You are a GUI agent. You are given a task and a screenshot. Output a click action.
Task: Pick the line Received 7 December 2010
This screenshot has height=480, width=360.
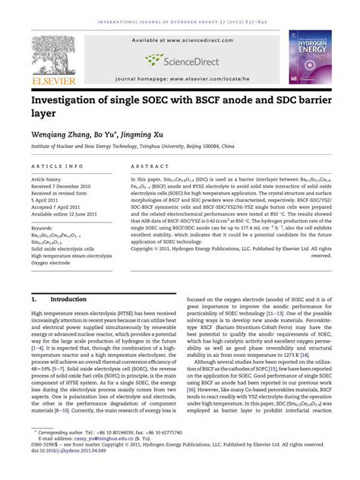pos(65,186)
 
